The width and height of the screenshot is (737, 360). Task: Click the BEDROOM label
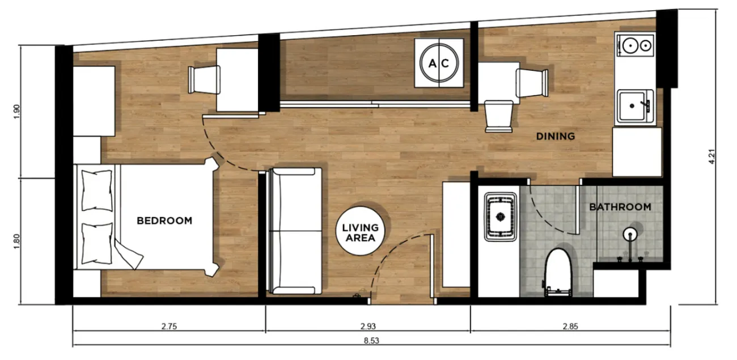(x=164, y=221)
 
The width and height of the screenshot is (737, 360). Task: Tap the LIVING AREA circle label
(x=360, y=231)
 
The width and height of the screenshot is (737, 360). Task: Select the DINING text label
(x=556, y=136)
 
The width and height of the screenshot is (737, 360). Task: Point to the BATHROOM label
(x=620, y=207)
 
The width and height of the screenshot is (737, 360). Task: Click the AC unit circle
(x=439, y=63)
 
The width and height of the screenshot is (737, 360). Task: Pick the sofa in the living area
(x=295, y=231)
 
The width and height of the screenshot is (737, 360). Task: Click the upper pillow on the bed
(x=97, y=190)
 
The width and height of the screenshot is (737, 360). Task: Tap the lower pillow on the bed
(x=97, y=244)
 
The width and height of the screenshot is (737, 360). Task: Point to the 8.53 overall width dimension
(x=371, y=341)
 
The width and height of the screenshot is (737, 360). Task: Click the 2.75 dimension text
(x=169, y=326)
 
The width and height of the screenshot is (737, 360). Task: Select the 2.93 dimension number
(x=368, y=326)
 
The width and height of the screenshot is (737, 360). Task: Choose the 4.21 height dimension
(x=711, y=156)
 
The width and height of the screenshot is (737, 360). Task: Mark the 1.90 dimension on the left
(x=17, y=112)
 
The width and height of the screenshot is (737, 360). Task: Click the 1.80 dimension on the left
(x=17, y=241)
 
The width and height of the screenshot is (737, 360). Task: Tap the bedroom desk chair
(x=204, y=79)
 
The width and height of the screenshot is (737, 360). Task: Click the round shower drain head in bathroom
(x=630, y=234)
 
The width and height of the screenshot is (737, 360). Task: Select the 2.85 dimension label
(x=570, y=326)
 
